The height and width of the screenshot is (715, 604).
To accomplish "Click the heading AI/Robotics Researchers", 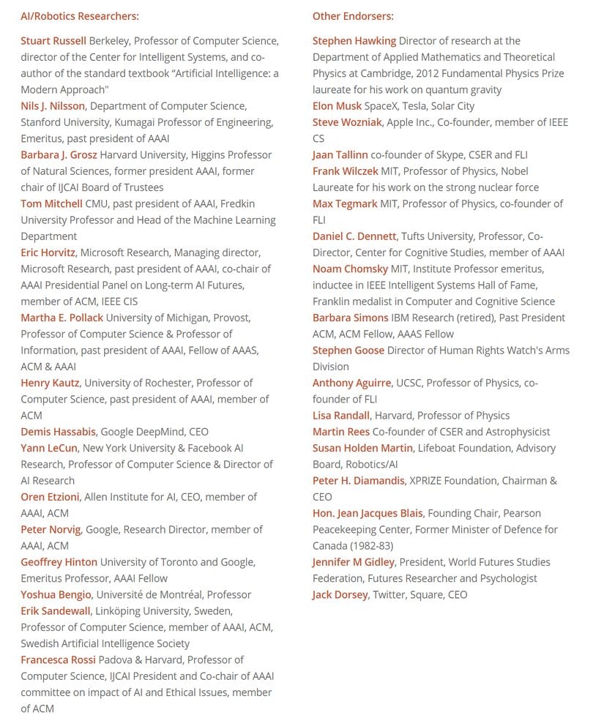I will click(79, 16).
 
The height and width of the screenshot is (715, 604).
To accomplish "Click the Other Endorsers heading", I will click(353, 16).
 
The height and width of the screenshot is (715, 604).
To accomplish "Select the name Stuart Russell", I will click(53, 41).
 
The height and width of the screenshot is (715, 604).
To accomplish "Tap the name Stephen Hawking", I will click(354, 41).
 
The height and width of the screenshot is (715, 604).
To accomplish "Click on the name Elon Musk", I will click(337, 106).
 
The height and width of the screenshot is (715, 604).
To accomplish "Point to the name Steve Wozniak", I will click(347, 122).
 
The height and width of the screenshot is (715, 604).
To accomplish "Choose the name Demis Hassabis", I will click(58, 432).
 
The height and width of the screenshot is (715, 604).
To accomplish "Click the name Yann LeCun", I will click(48, 448).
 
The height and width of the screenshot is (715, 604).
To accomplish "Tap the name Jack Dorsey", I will click(340, 595).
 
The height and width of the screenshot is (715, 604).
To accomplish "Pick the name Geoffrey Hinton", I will click(59, 562).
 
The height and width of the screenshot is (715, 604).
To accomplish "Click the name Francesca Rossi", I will click(58, 660).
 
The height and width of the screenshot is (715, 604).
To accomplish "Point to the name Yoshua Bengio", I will click(56, 595).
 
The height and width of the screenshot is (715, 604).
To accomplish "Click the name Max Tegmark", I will click(345, 203).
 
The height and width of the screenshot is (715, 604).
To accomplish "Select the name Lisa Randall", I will click(341, 416).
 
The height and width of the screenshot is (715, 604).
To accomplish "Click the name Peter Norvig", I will click(51, 530).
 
